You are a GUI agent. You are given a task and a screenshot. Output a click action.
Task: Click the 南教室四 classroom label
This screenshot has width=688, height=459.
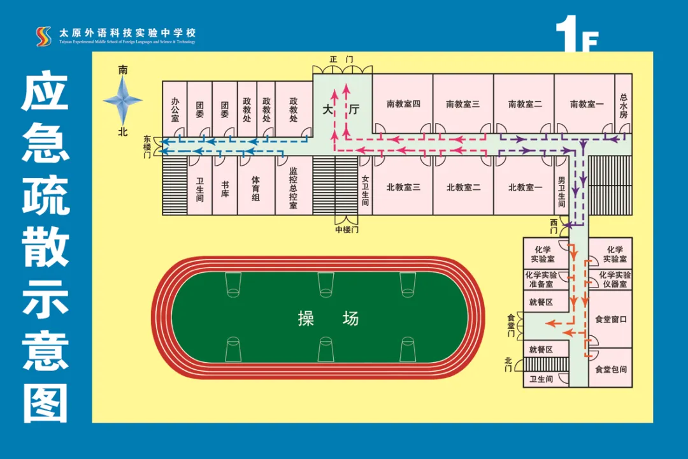403,104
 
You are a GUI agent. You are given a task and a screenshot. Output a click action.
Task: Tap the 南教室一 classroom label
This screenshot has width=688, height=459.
586,104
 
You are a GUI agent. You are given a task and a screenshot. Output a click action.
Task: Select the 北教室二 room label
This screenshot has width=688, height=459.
463,187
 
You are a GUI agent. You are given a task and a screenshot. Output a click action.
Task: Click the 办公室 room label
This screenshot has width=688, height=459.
175,110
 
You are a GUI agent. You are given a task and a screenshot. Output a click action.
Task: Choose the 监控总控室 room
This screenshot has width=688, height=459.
293,188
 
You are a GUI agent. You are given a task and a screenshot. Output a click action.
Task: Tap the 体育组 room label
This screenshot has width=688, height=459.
255,188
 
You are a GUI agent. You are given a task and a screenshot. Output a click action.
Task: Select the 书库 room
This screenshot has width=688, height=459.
225,188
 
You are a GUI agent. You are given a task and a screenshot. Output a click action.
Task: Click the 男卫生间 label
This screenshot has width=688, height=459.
561,192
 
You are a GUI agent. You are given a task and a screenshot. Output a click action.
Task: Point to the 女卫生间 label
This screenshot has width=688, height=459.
365,191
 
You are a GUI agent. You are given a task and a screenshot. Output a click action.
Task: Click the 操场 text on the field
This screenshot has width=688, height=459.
328,318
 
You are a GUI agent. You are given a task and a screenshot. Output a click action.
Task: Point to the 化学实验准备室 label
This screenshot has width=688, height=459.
541,279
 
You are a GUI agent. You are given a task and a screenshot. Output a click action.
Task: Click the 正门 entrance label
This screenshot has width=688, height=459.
341,59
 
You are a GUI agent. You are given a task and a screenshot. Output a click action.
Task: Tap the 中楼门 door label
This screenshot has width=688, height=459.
347,229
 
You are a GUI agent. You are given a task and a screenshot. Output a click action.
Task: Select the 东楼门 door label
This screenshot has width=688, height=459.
147,146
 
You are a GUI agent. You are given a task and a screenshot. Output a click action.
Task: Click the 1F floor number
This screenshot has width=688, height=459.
577,35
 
